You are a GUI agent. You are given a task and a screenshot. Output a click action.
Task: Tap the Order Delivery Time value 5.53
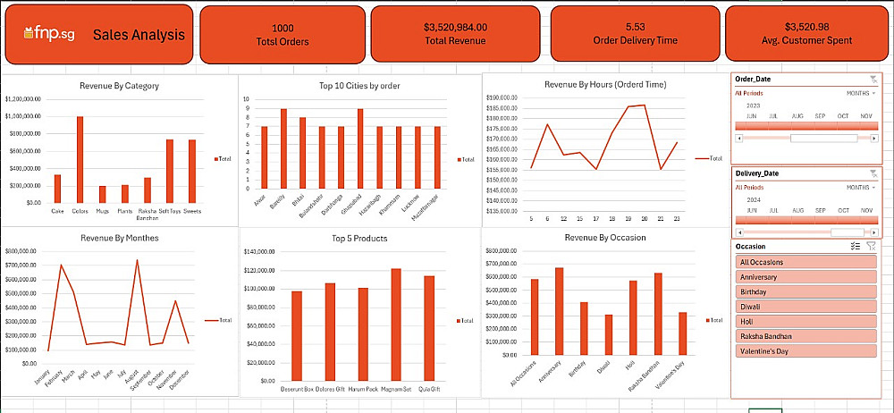636,27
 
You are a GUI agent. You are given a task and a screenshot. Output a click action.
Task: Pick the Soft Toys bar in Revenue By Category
170,171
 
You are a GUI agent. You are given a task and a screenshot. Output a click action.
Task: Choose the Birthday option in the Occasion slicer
805,291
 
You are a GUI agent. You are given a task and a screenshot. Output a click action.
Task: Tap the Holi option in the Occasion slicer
805,321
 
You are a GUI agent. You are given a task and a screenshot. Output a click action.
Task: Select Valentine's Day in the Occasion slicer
805,350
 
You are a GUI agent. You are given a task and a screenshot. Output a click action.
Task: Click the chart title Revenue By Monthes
119,239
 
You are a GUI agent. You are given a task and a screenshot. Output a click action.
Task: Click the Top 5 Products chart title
358,239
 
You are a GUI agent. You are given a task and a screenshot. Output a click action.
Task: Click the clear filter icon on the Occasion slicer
872,246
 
